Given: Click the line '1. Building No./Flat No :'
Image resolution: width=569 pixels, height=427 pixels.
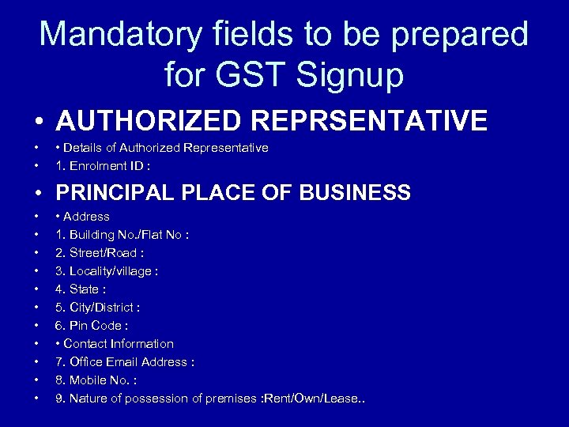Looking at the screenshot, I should tap(122, 235).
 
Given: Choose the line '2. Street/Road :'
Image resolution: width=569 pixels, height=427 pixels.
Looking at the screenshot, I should tap(100, 253).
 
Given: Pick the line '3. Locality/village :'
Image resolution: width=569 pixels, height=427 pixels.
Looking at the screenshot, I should tap(107, 271).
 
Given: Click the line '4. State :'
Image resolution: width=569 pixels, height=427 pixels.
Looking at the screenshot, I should tap(81, 289).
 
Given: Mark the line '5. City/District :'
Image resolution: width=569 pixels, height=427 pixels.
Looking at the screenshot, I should tap(98, 308).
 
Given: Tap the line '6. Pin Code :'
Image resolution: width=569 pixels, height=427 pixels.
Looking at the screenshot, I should tap(92, 326).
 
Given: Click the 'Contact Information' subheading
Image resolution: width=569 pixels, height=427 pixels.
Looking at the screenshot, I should tap(119, 344).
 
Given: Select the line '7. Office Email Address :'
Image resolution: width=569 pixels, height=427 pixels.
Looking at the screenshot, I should tap(125, 362).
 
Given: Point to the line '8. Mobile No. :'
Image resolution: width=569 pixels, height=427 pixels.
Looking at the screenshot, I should tap(96, 380).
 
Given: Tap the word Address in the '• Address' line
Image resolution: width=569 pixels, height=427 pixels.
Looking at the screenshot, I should tap(86, 217).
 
